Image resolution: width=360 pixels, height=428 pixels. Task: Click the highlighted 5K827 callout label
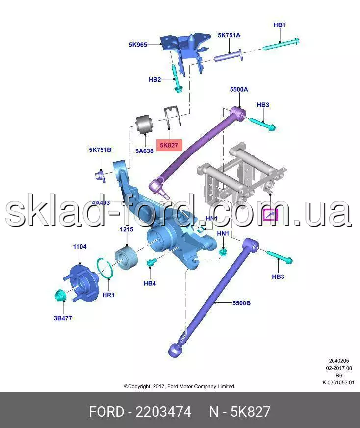(x=169, y=145)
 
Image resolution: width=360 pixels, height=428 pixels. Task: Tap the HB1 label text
(x=280, y=25)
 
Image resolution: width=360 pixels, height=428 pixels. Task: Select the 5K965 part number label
(x=138, y=44)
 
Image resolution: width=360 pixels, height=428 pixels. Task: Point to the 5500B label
(x=241, y=303)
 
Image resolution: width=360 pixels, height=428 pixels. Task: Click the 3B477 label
(x=63, y=318)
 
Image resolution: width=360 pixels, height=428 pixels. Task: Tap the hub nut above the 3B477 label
(x=60, y=296)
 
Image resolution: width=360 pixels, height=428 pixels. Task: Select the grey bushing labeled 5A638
(x=145, y=125)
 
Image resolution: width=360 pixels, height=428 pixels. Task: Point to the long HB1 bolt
(x=281, y=44)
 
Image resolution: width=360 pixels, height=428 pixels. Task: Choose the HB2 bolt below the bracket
(x=177, y=79)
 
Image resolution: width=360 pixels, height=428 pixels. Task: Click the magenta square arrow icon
(x=270, y=215)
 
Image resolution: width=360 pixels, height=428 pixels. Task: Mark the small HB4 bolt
(x=151, y=263)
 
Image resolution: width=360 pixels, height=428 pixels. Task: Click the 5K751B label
(x=100, y=150)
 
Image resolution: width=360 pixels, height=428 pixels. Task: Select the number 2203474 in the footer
(x=163, y=412)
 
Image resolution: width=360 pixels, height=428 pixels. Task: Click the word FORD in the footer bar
(x=106, y=412)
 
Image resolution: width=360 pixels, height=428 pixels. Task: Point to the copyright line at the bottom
(x=179, y=386)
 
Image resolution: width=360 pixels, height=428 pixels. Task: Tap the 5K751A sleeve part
(x=228, y=56)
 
